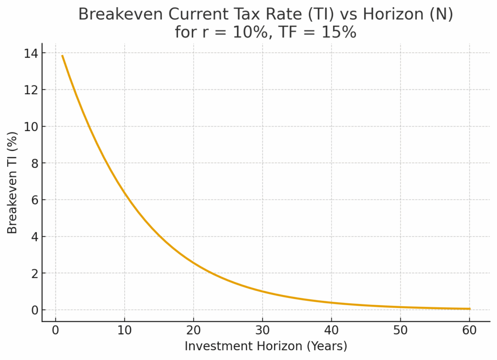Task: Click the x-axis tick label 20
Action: coord(194,331)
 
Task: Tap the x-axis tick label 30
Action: coord(263,331)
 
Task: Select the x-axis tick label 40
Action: coord(331,331)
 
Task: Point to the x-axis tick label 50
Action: coord(400,331)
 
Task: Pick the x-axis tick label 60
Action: coord(469,331)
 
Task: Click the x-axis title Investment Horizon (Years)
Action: coord(266,346)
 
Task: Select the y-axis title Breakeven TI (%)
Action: coord(13,182)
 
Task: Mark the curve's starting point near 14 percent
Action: coord(63,56)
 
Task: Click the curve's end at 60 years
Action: coord(469,309)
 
